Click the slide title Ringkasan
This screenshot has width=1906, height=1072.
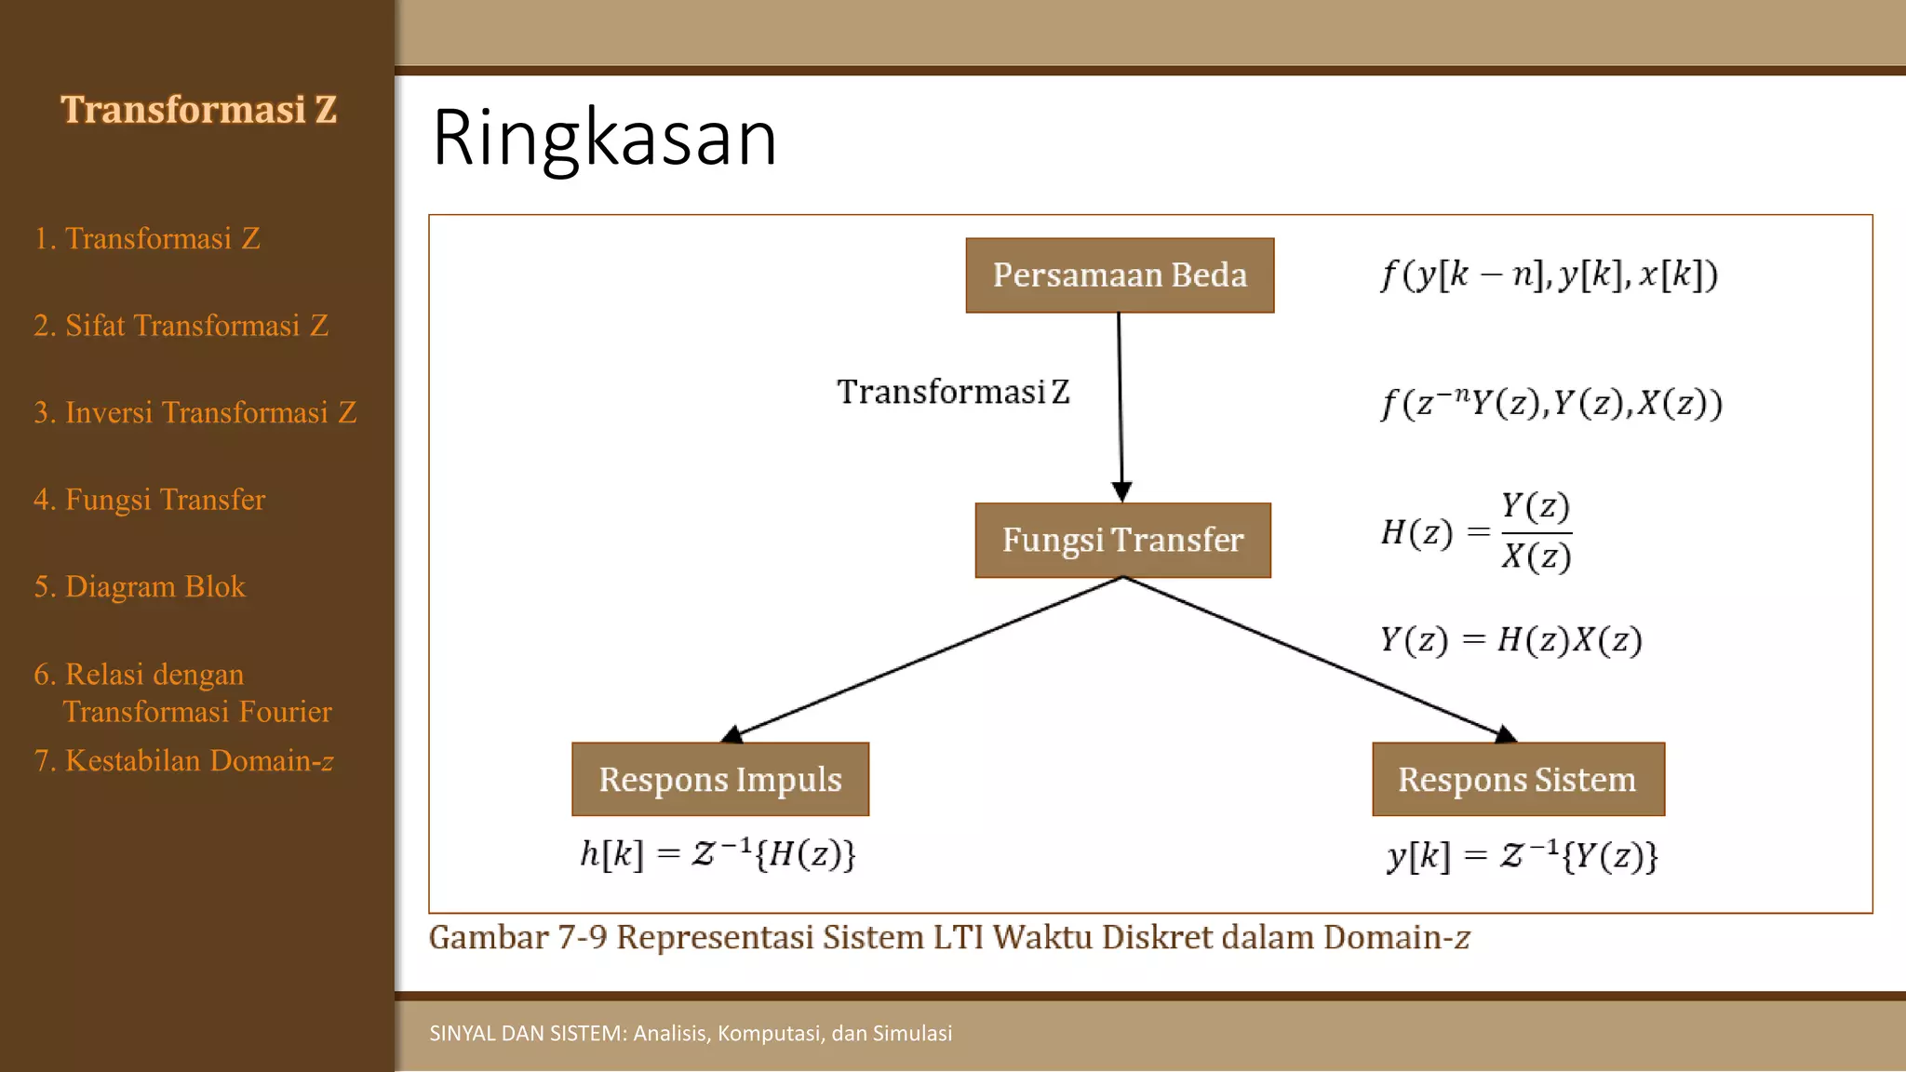[604, 138]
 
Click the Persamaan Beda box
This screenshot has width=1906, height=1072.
[1120, 275]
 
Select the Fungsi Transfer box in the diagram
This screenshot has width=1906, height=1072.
[1122, 541]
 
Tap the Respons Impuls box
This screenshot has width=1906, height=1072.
[720, 780]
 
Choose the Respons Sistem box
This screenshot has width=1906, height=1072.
[1518, 780]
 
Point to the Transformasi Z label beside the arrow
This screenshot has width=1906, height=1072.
[953, 392]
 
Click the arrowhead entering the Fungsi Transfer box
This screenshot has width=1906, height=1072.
[1122, 491]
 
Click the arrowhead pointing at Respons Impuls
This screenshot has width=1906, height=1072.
[732, 735]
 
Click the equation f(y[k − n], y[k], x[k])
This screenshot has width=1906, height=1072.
[1549, 275]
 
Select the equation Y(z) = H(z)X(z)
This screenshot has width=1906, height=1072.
[1510, 640]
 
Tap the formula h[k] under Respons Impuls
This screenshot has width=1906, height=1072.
[718, 854]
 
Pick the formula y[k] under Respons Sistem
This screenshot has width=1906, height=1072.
[1523, 856]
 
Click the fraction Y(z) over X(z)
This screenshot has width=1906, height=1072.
[1536, 532]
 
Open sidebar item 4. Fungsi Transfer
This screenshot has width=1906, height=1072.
[150, 500]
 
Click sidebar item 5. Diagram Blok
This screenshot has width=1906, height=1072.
[140, 587]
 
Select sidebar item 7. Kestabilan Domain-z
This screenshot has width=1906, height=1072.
[183, 761]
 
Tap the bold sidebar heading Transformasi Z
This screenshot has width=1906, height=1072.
[198, 110]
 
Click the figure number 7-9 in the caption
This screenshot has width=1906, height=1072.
[582, 937]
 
